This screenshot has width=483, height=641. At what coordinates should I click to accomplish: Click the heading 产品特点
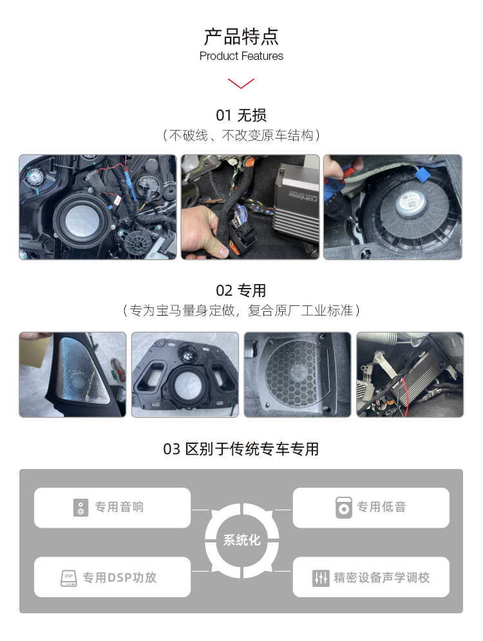(241, 35)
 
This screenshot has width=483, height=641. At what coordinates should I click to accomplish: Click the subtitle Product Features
(241, 56)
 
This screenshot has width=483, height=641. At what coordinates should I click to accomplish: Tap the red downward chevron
(241, 83)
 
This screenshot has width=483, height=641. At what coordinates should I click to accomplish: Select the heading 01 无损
(241, 115)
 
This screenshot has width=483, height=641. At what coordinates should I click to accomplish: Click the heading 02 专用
(241, 291)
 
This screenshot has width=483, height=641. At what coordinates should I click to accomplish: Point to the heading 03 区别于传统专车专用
(241, 449)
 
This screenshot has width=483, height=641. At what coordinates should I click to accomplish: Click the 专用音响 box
(113, 508)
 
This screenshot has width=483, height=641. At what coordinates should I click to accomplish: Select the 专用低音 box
(371, 508)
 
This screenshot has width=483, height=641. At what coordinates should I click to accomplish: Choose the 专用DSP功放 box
(113, 577)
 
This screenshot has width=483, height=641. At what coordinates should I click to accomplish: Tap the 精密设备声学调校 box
(371, 577)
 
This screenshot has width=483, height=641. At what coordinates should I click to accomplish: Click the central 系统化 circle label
(241, 541)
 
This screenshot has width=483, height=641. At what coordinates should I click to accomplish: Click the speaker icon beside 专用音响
(80, 508)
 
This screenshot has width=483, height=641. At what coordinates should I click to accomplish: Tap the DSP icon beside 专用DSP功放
(69, 577)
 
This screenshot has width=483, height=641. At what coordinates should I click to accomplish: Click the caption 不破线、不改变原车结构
(241, 135)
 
